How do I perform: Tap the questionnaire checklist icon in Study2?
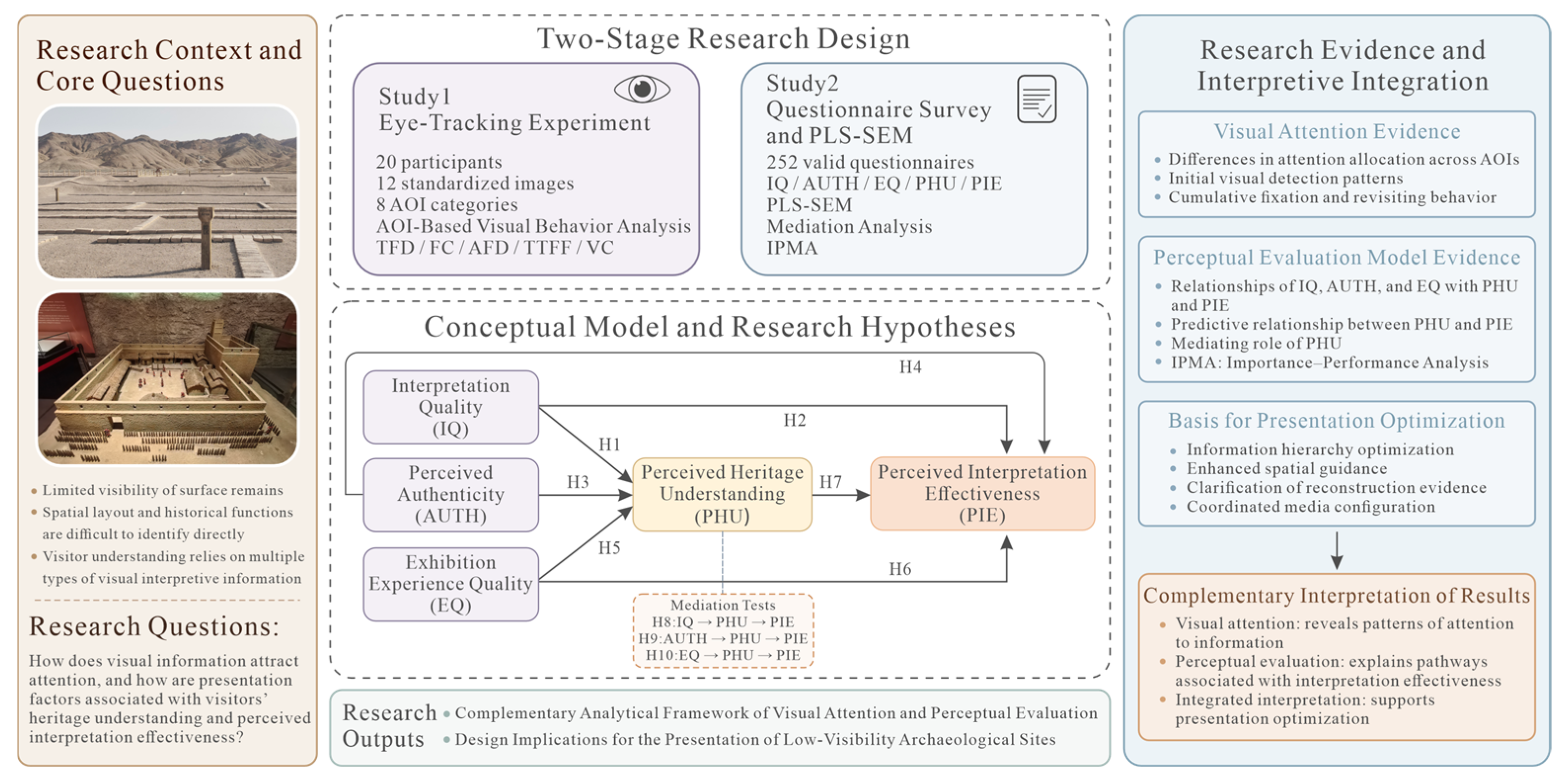pyautogui.click(x=1037, y=99)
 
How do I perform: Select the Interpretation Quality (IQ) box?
pyautogui.click(x=450, y=407)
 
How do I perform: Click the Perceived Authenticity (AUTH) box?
pyautogui.click(x=450, y=494)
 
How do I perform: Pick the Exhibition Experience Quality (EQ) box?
pyautogui.click(x=450, y=584)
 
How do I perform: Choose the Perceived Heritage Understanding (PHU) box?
pyautogui.click(x=722, y=494)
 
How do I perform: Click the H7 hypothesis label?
pyautogui.click(x=831, y=482)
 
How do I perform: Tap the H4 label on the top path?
pyautogui.click(x=910, y=367)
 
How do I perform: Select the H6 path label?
pyautogui.click(x=900, y=569)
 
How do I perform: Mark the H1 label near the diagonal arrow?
pyautogui.click(x=609, y=445)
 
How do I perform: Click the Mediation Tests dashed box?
pyautogui.click(x=723, y=630)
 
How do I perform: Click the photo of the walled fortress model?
pyautogui.click(x=167, y=378)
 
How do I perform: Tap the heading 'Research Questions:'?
pyautogui.click(x=154, y=626)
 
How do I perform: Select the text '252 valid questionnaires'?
pyautogui.click(x=870, y=162)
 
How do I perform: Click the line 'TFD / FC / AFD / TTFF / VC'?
pyautogui.click(x=495, y=248)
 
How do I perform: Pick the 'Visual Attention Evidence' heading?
pyautogui.click(x=1337, y=131)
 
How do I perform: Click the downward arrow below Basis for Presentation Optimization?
pyautogui.click(x=1337, y=550)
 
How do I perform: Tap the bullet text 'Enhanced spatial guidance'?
pyautogui.click(x=1287, y=468)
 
